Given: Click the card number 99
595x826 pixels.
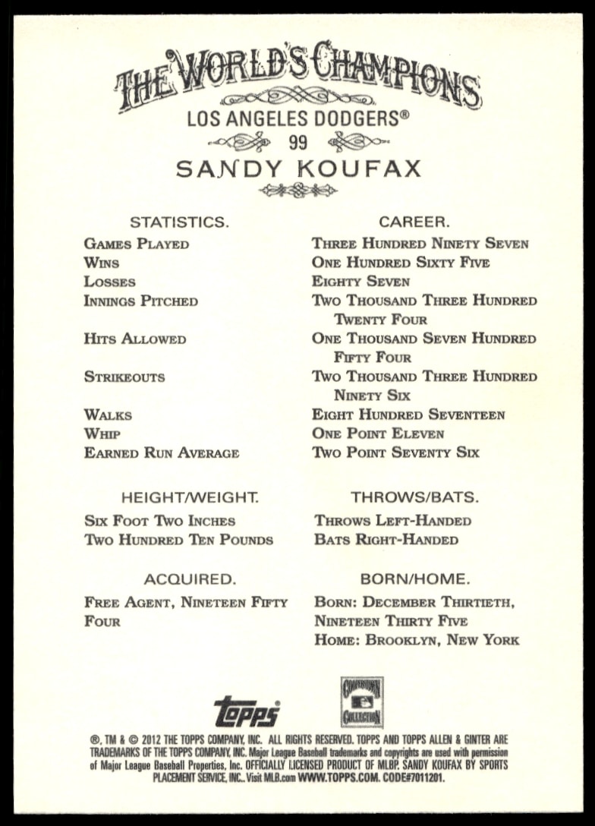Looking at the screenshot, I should [x=297, y=142].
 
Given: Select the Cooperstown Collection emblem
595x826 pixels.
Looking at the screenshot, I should [x=361, y=702].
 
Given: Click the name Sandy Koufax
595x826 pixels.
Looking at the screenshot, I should [x=297, y=168].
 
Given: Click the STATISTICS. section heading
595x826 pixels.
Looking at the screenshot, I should [x=179, y=222].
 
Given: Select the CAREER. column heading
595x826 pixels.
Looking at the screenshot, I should [x=414, y=222].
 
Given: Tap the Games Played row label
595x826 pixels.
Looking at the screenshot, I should [x=137, y=244].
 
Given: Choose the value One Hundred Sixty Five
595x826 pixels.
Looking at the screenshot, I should [x=401, y=263].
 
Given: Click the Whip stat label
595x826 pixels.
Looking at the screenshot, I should [x=102, y=434].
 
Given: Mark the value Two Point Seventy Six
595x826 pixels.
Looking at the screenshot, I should [x=395, y=453].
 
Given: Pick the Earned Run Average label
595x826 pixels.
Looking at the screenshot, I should [x=162, y=453].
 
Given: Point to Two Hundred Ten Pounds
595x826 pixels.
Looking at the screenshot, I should [x=178, y=541].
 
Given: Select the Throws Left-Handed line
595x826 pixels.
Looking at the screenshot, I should [x=392, y=521].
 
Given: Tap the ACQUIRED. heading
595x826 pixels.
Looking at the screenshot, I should [x=190, y=579].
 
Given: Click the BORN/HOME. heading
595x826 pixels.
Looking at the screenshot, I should [x=414, y=579].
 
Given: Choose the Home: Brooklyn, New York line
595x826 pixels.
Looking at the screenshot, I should [x=417, y=640].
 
